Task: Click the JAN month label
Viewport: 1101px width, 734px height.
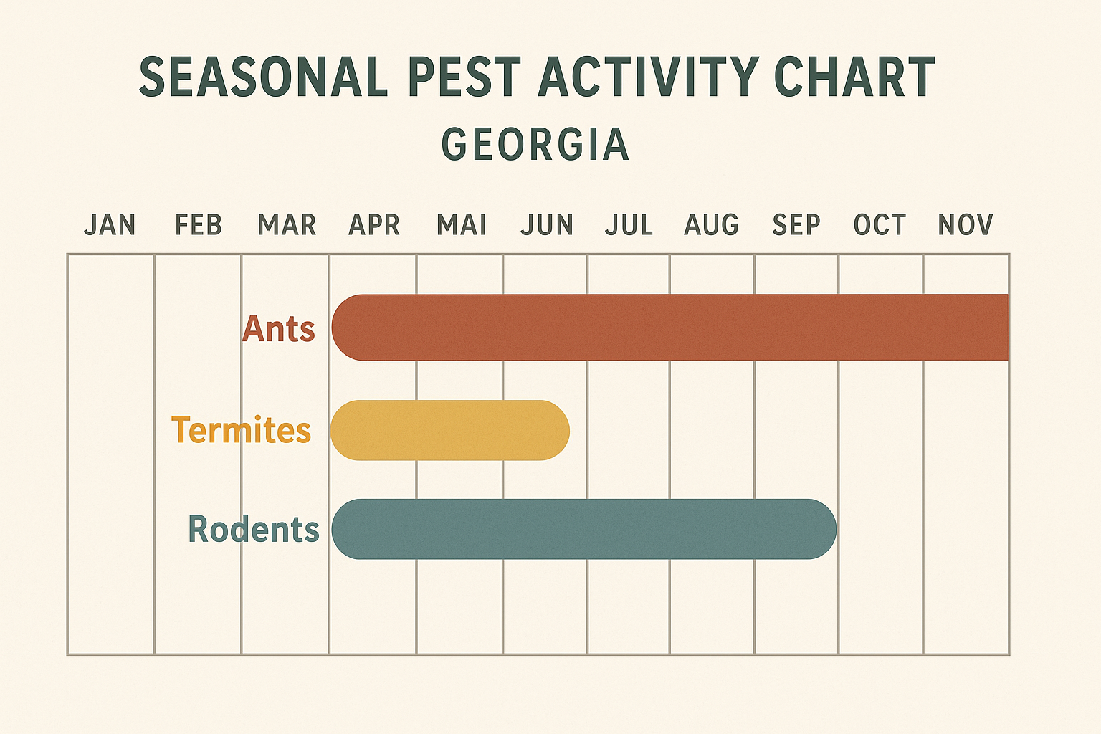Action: [110, 225]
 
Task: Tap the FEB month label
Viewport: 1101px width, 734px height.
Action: [199, 225]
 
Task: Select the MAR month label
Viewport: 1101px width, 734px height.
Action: [287, 225]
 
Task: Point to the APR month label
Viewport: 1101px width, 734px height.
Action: [373, 225]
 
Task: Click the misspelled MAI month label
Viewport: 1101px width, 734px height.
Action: [462, 225]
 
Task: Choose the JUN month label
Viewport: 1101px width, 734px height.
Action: [547, 225]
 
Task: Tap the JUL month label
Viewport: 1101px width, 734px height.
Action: [629, 225]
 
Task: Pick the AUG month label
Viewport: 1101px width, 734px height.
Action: [711, 225]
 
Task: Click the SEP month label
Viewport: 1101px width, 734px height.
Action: [796, 225]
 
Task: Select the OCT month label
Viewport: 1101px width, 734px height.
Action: [880, 225]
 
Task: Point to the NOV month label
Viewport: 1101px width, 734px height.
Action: [966, 225]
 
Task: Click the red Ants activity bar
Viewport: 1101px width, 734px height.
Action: [670, 328]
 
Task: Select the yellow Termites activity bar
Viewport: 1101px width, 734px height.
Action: [449, 430]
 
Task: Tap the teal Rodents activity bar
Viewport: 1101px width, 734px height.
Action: [583, 529]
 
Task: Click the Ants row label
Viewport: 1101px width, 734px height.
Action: [279, 329]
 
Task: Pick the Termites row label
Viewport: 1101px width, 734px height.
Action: [241, 430]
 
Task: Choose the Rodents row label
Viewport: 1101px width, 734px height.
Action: [253, 530]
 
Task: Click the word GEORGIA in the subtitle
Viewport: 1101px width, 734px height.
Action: [535, 144]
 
